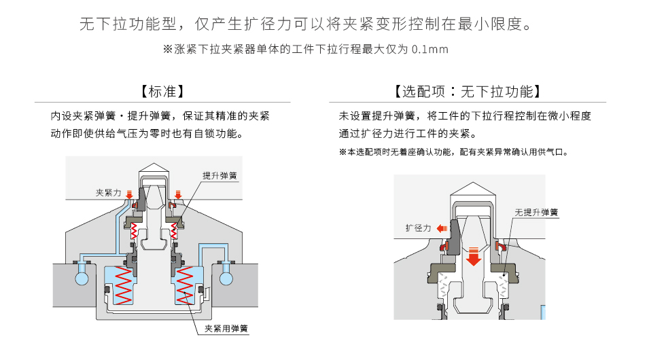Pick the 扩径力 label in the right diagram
[x=418, y=228]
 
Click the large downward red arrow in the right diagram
[x=474, y=256]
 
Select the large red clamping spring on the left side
[x=122, y=285]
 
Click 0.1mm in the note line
[x=430, y=50]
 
